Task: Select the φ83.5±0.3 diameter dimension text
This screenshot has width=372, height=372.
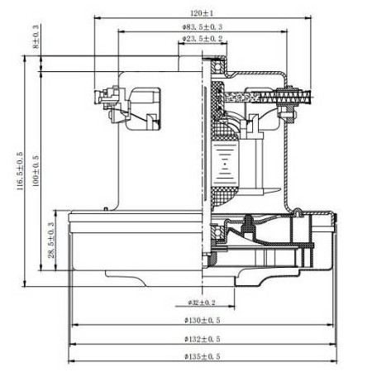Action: pos(203,27)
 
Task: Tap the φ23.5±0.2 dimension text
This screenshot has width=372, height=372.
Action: pos(203,39)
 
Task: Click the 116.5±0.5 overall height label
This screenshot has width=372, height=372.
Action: pos(18,172)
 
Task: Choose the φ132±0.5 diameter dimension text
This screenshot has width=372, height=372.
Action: pos(201,339)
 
